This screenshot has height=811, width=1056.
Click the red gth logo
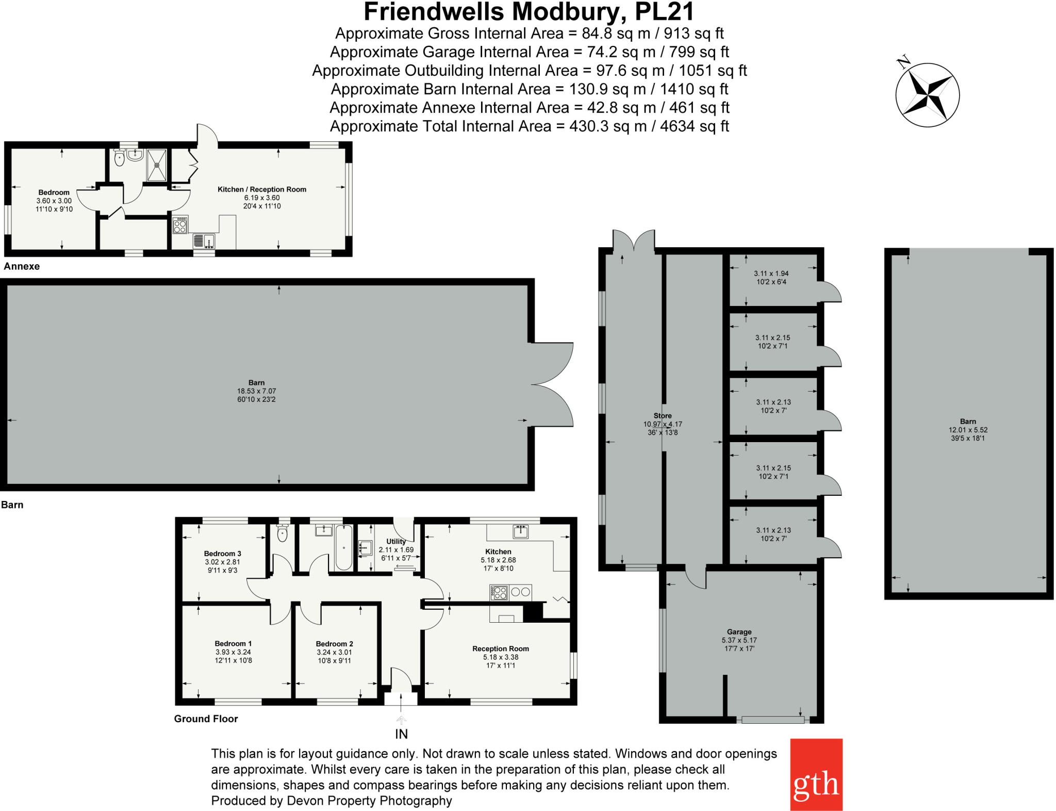click(x=816, y=774)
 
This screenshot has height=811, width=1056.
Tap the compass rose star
click(x=928, y=95)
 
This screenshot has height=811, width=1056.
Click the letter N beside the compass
click(x=903, y=62)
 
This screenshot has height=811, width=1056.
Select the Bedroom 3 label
click(x=222, y=554)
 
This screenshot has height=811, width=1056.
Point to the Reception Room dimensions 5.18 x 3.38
click(x=500, y=657)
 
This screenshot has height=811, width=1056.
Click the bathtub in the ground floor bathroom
click(x=343, y=547)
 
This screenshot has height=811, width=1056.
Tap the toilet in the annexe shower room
click(x=119, y=158)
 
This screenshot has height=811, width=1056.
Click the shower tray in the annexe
click(x=157, y=165)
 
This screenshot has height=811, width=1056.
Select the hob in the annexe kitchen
click(x=180, y=225)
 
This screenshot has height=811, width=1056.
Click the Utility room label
click(x=395, y=541)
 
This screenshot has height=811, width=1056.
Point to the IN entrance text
click(x=401, y=734)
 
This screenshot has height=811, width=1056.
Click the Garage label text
click(x=739, y=631)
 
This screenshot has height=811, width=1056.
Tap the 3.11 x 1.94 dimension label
click(x=771, y=273)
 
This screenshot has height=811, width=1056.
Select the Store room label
click(x=663, y=415)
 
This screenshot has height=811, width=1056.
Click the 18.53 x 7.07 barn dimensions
click(x=256, y=391)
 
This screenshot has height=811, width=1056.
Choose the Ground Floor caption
click(x=206, y=719)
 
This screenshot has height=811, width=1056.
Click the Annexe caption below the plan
click(x=22, y=266)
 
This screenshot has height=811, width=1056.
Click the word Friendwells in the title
click(x=434, y=11)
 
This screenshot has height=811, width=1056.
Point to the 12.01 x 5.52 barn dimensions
click(x=968, y=430)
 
